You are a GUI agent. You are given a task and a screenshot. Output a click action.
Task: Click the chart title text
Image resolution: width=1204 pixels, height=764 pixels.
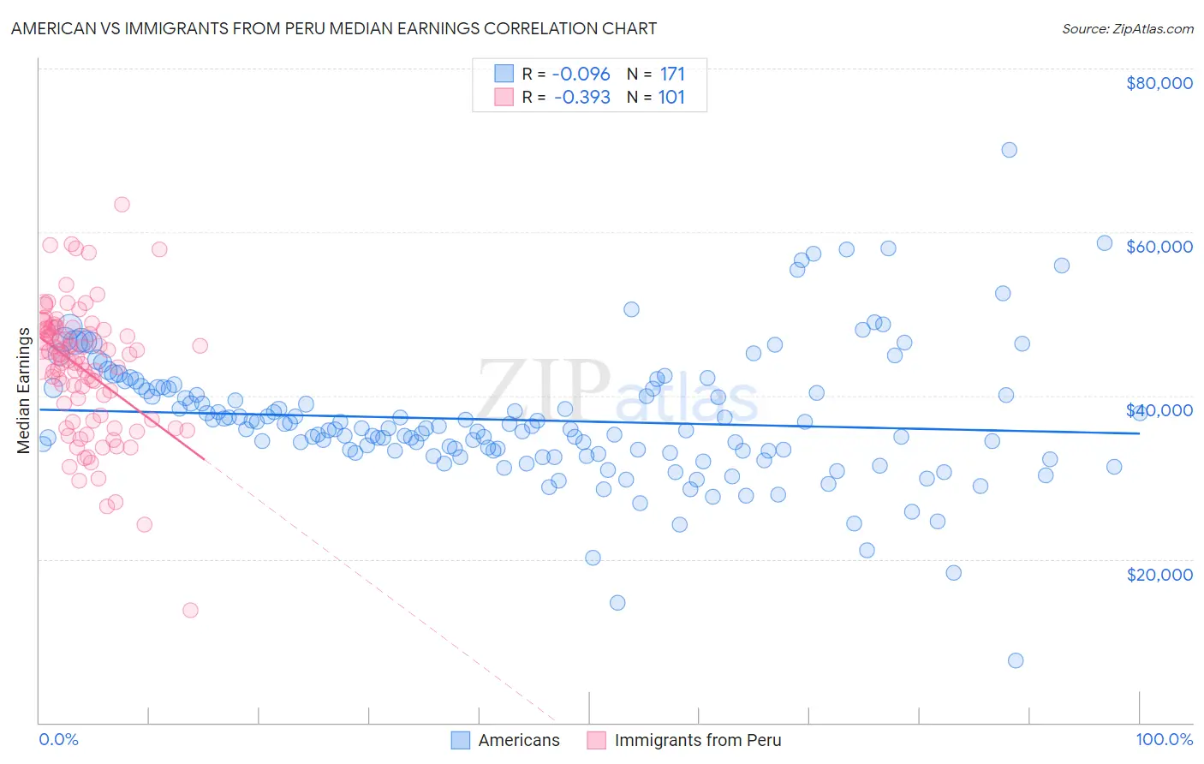coord(334,28)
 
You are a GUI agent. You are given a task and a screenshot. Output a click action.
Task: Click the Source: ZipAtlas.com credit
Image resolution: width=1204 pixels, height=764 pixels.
coord(1127,28)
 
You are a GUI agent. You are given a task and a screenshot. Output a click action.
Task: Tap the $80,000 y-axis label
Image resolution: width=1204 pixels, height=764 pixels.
coord(1159,83)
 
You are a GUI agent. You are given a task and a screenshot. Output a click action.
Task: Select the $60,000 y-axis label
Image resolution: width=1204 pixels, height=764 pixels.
coord(1159,247)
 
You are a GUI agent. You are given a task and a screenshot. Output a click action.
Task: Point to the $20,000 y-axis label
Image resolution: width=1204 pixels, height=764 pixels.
coord(1159,574)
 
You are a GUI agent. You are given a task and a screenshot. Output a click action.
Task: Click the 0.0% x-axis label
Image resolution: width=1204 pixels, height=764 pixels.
coord(58,739)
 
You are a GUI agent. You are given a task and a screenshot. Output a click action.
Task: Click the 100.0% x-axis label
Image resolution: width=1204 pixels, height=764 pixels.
coord(1164,739)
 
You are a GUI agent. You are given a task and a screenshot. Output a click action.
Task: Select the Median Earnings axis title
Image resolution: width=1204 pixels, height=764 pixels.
coord(23,390)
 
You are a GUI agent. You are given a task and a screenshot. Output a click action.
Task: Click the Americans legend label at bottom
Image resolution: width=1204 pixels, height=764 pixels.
coord(518,740)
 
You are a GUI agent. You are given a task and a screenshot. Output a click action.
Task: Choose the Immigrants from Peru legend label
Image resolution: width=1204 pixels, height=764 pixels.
coord(697,740)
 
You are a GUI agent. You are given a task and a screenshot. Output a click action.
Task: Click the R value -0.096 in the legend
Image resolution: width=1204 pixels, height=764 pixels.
coord(581,74)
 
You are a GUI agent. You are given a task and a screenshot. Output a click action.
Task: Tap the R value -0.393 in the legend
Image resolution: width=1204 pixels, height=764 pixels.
coord(581,97)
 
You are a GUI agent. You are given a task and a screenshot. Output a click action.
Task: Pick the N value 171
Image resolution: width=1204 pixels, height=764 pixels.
coord(672,74)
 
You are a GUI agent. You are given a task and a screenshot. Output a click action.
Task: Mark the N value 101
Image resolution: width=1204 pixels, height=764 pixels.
coord(671,97)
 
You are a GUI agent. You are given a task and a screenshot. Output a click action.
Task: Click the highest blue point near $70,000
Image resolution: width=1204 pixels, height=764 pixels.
coord(1009,150)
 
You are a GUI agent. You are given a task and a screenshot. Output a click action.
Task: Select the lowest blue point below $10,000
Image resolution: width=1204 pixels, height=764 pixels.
coord(1016,660)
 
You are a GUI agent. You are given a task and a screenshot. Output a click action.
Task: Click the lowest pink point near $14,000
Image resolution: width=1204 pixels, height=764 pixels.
coord(190,610)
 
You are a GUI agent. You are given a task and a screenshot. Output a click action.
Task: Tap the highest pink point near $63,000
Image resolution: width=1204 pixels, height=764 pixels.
coord(122,205)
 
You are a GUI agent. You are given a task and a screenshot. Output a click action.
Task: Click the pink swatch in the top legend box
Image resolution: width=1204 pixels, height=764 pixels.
coord(504,97)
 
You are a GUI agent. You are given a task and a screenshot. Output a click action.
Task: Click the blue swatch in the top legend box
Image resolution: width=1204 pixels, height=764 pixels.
coord(504,74)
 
